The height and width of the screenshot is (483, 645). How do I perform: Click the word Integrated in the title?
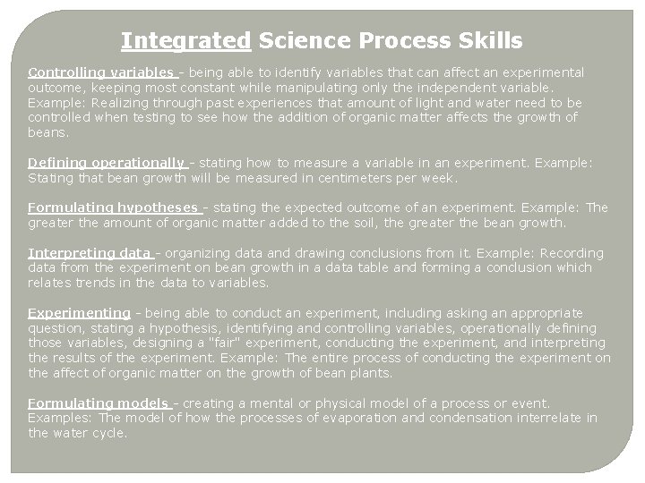185,41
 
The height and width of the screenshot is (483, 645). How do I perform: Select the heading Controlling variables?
101,72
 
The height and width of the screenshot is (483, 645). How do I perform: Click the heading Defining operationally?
107,162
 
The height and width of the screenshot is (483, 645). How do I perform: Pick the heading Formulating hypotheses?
114,208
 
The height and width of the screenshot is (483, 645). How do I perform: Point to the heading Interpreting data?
90,253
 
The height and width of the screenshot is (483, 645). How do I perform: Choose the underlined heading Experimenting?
79,313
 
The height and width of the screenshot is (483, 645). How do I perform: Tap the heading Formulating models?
99,403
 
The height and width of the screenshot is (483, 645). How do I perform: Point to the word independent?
447,87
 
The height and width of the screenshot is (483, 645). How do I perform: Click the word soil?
369,223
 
